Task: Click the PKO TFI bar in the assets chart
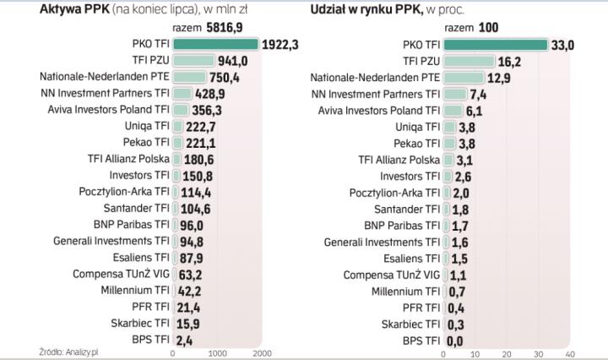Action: coord(215,44)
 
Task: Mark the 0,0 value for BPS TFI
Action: coord(456,340)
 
